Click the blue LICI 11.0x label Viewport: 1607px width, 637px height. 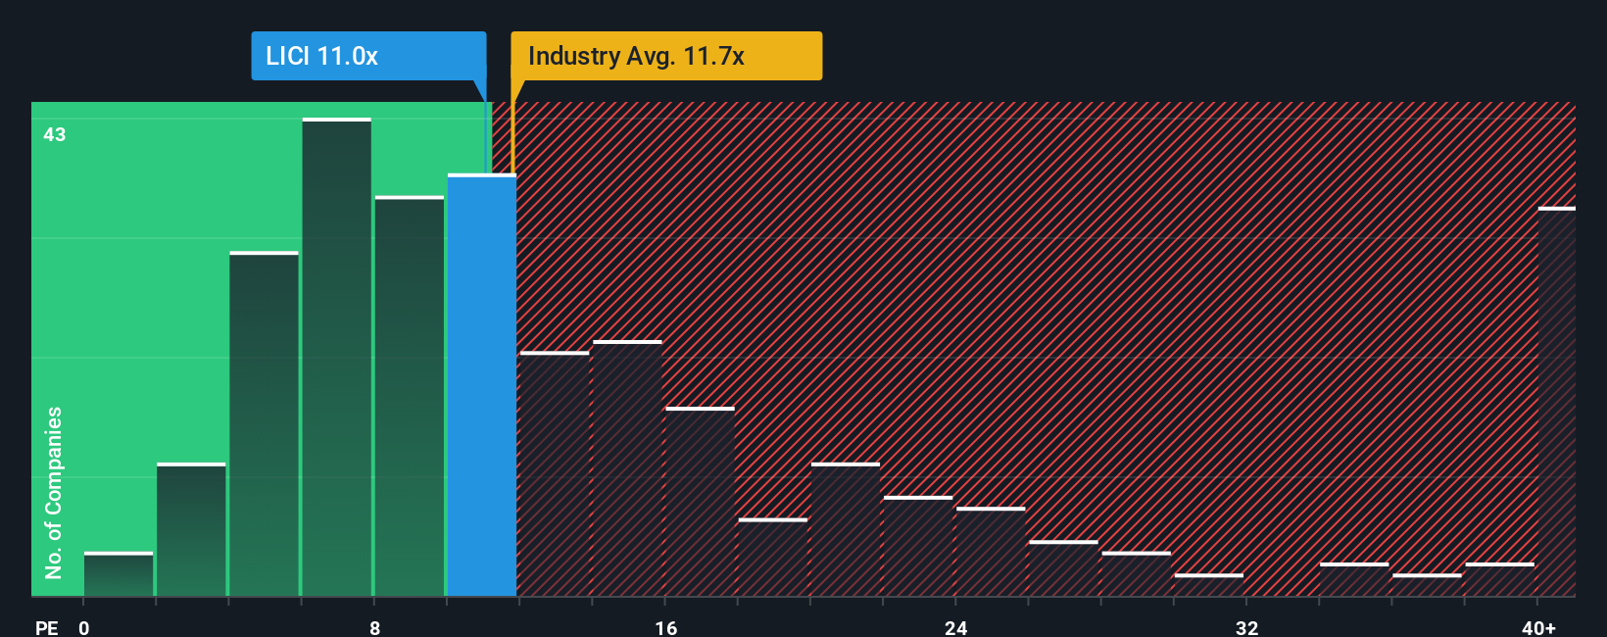point(368,56)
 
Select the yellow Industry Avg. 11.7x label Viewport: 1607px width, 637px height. point(665,56)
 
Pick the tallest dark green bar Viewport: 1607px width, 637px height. point(337,357)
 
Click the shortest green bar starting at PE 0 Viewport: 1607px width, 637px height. point(119,574)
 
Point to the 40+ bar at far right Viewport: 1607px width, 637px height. point(1556,402)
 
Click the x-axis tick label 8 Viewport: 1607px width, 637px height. point(375,627)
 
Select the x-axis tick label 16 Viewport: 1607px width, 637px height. point(666,627)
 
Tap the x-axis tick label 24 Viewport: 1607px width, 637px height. point(956,627)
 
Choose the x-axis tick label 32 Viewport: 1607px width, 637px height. point(1246,627)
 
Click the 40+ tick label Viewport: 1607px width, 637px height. point(1538,627)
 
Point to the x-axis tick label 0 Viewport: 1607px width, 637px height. point(84,627)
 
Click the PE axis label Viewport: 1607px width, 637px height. point(47,627)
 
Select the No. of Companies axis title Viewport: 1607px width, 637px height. point(54,492)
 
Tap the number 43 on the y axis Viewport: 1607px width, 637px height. point(55,134)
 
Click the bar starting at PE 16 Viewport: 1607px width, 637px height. point(700,502)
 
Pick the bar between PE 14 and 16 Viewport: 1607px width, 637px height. point(627,468)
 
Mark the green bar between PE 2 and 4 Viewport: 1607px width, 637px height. point(191,529)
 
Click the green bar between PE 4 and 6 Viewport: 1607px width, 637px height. point(264,423)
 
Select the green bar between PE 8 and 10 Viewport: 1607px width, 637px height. point(410,396)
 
